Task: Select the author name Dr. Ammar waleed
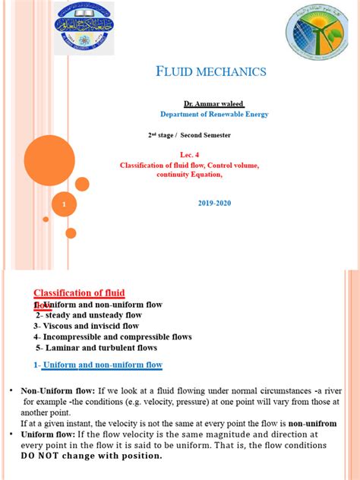(x=213, y=103)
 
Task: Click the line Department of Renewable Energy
(x=213, y=114)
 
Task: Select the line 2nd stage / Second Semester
(x=189, y=134)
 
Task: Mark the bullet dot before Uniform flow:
(x=12, y=434)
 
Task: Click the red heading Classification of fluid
(x=79, y=293)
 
